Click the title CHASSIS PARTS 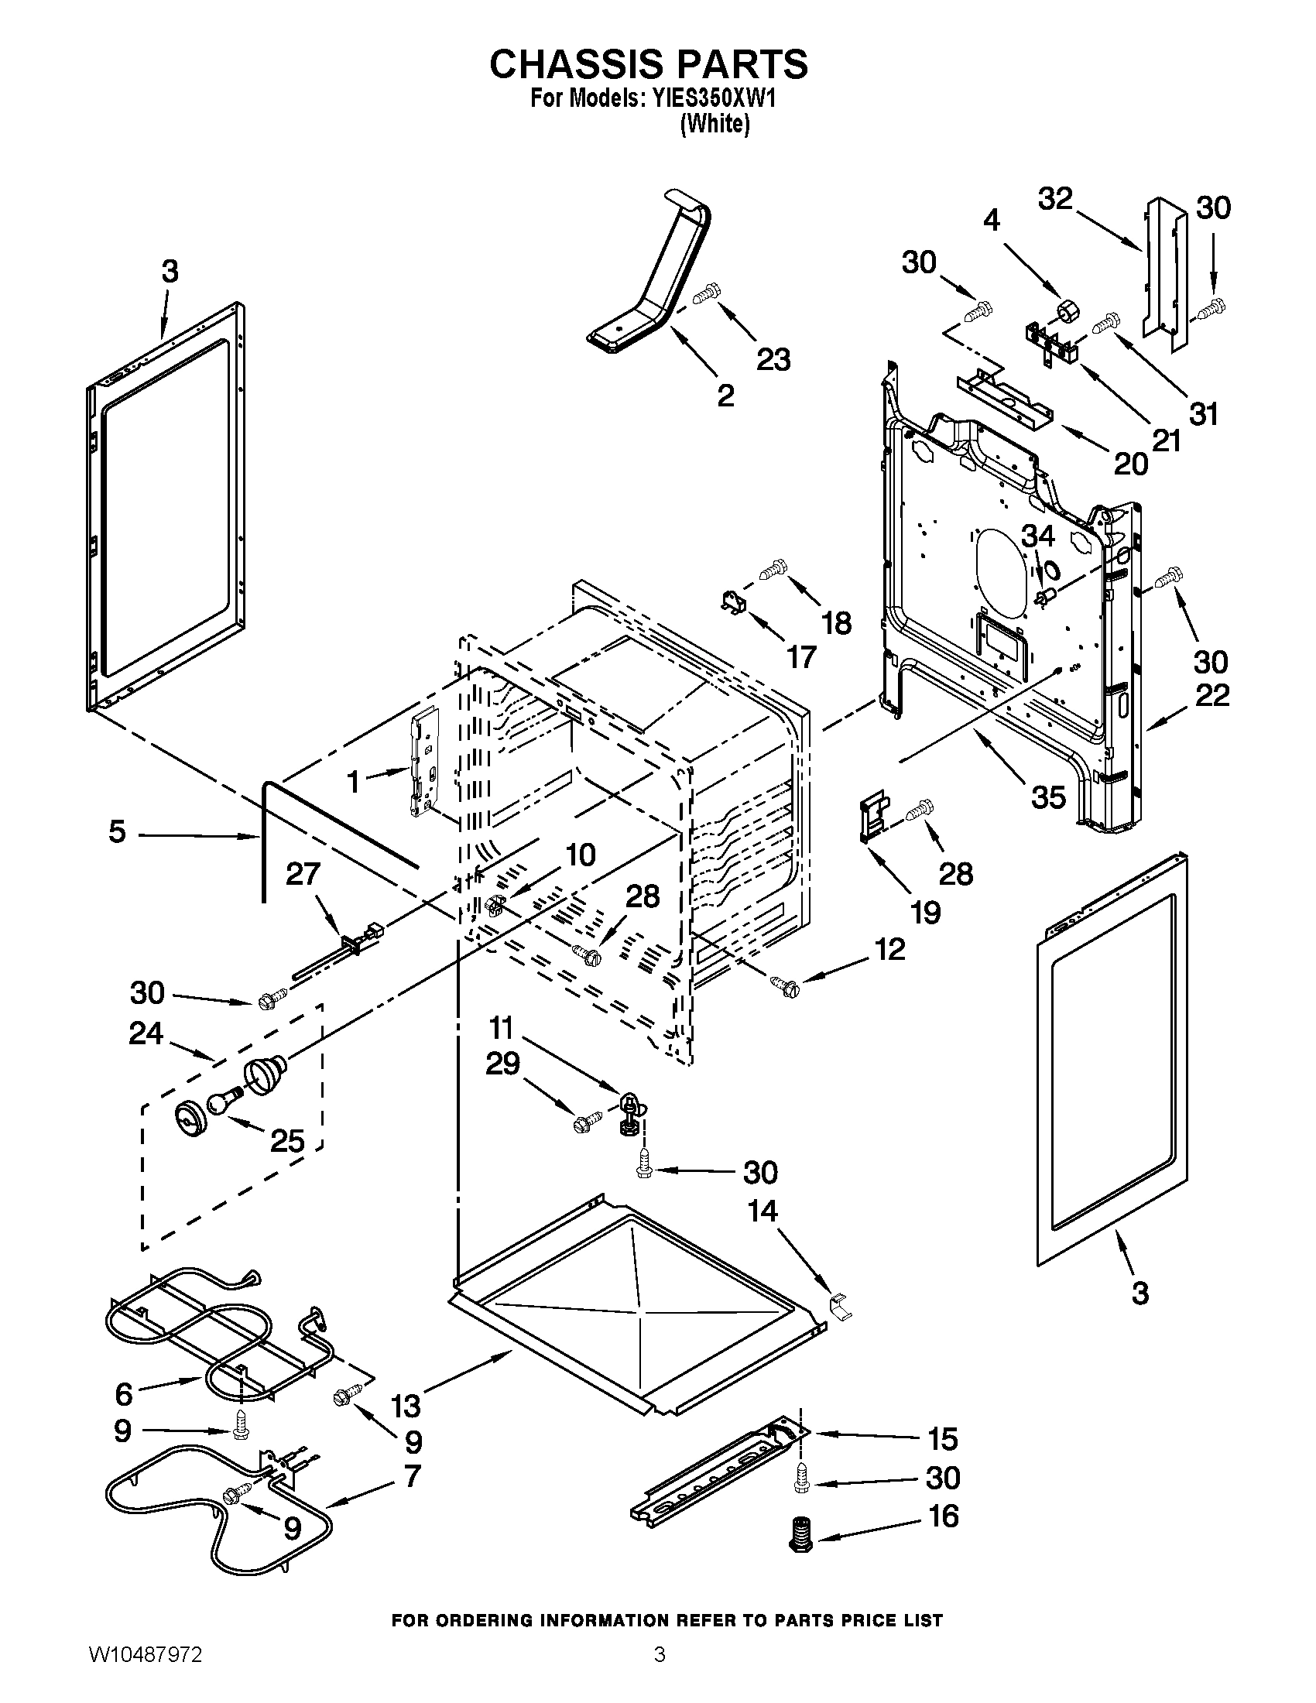[x=649, y=64]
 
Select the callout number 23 [x=773, y=359]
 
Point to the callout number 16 [x=944, y=1516]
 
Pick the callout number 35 [x=1048, y=796]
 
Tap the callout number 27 [x=303, y=874]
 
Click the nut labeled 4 [x=1068, y=312]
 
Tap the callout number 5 [x=117, y=832]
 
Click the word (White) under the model [x=715, y=124]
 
